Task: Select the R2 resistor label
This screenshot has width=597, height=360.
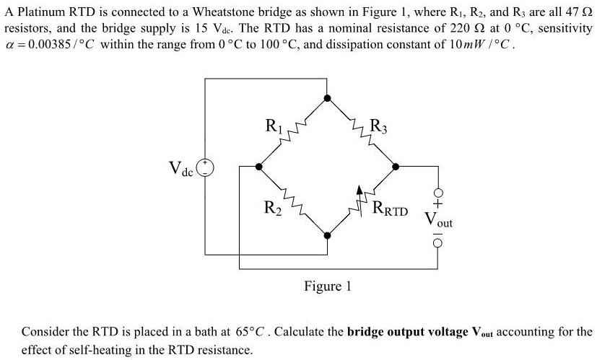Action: [x=273, y=209]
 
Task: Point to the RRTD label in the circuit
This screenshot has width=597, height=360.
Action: [x=391, y=211]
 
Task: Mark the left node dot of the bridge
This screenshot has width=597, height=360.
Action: [x=258, y=167]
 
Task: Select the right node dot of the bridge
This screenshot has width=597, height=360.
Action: [x=396, y=167]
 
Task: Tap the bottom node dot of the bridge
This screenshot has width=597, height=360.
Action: [x=328, y=235]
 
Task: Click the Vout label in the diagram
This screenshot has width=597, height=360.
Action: [x=438, y=220]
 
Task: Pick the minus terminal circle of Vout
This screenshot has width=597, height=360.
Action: [x=437, y=243]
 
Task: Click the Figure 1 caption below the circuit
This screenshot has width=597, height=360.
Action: [x=327, y=286]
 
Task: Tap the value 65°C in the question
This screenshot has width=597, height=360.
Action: [x=249, y=333]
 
